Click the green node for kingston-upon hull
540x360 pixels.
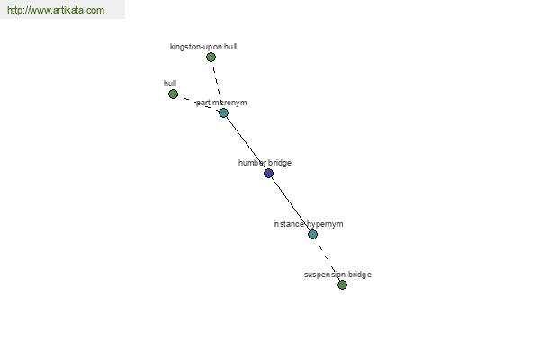click(x=211, y=58)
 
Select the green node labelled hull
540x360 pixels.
click(x=173, y=94)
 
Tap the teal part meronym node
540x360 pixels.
click(x=223, y=113)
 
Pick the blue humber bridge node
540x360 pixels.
click(x=268, y=174)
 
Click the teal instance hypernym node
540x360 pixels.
click(x=312, y=235)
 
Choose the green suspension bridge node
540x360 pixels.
click(x=342, y=285)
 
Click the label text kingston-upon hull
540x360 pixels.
click(x=203, y=47)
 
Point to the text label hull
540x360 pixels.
click(x=170, y=84)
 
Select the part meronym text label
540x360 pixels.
click(x=221, y=103)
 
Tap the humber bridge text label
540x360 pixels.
click(x=265, y=163)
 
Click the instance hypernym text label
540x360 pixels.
click(x=308, y=224)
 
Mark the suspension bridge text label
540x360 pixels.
click(x=337, y=274)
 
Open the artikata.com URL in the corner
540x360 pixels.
click(x=56, y=10)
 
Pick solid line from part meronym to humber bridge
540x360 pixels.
click(x=246, y=143)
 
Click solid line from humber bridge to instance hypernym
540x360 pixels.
click(x=291, y=204)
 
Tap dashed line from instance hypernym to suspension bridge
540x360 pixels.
click(x=328, y=260)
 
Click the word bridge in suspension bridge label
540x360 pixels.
click(x=360, y=274)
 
